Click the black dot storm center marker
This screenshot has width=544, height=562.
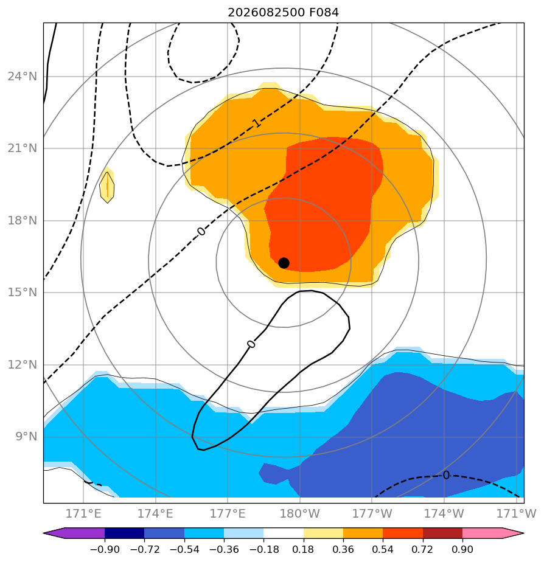click(x=284, y=263)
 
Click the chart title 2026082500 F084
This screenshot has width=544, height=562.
click(x=284, y=13)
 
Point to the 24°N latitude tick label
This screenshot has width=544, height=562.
click(x=23, y=77)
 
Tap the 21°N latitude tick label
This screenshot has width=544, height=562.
click(x=23, y=148)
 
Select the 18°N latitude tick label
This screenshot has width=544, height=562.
click(x=23, y=220)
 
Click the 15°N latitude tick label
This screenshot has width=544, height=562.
click(x=23, y=293)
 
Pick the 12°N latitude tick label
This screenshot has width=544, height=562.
click(x=23, y=364)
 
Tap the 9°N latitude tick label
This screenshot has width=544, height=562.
click(x=26, y=437)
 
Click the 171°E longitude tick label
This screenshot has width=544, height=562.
click(x=83, y=513)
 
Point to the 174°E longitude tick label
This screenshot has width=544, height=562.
click(x=156, y=513)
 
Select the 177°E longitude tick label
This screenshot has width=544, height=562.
click(x=228, y=513)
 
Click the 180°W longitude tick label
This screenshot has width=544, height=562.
click(x=300, y=513)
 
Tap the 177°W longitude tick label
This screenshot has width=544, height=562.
click(x=372, y=513)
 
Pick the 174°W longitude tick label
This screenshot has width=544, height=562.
click(x=444, y=513)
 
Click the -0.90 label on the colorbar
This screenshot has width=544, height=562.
click(x=105, y=549)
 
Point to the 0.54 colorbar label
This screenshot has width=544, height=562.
click(x=383, y=549)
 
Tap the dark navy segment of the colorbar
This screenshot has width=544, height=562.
click(x=124, y=533)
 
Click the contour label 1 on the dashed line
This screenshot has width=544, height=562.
click(x=256, y=123)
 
